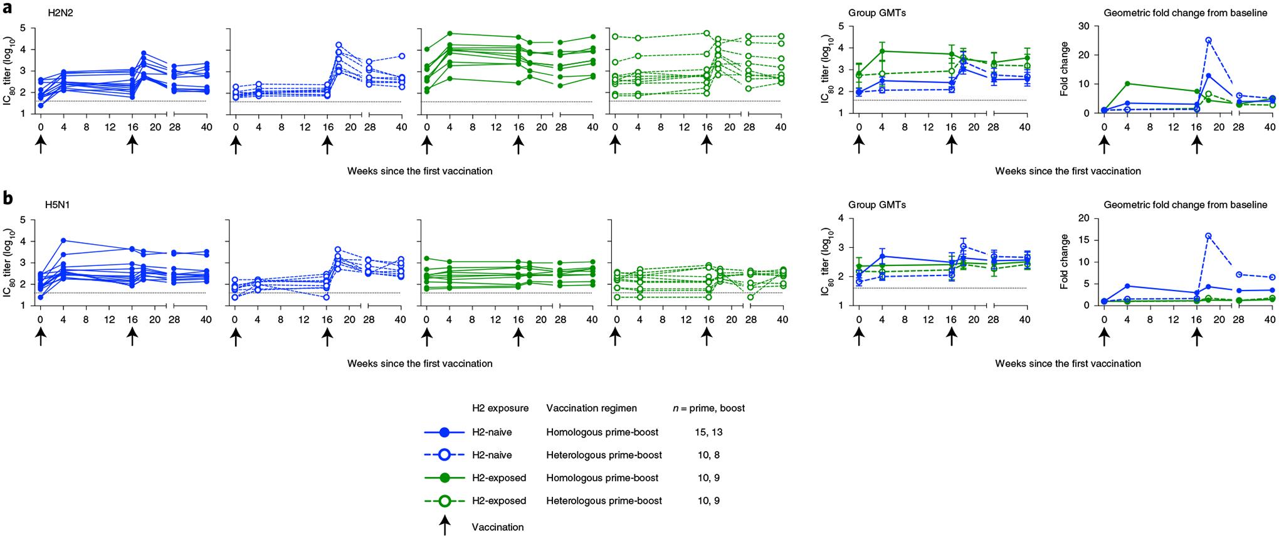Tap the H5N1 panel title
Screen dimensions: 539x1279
pyautogui.click(x=61, y=205)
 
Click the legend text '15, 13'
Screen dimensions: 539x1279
pyautogui.click(x=708, y=432)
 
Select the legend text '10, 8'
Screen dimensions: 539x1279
pyautogui.click(x=708, y=455)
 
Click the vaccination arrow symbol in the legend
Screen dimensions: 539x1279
pyautogui.click(x=445, y=525)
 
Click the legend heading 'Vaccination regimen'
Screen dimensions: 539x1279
pyautogui.click(x=591, y=408)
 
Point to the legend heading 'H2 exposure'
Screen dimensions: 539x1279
pyautogui.click(x=500, y=408)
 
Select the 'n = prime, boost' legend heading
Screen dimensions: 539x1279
pyautogui.click(x=708, y=408)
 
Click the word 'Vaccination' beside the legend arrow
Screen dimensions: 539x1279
pyautogui.click(x=497, y=527)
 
